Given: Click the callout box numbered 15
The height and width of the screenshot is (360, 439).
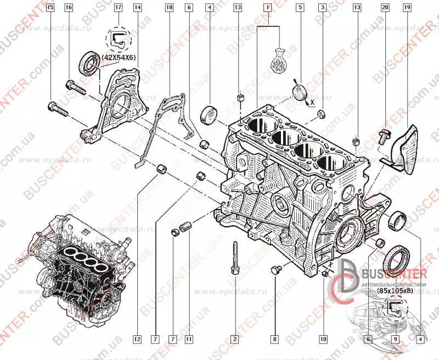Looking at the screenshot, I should click(50, 8).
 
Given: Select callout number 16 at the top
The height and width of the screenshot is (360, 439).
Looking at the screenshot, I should click(69, 8).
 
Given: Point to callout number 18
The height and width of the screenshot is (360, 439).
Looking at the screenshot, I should click(168, 8).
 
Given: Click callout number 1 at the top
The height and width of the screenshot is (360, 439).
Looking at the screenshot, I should click(267, 8).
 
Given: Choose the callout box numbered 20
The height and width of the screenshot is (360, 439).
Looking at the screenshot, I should click(385, 8).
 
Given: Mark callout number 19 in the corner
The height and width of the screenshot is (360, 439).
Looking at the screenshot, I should click(407, 8).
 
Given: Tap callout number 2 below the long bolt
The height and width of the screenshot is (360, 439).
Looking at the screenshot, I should click(234, 339).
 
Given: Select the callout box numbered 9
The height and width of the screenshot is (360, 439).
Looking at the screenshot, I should click(396, 339).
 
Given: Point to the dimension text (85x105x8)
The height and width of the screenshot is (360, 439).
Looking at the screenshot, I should click(396, 292).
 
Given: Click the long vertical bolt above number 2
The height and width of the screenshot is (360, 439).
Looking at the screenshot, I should click(234, 258).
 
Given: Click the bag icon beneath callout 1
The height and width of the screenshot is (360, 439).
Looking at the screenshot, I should click(279, 63).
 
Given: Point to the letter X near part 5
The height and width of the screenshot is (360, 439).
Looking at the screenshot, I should click(312, 103).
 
